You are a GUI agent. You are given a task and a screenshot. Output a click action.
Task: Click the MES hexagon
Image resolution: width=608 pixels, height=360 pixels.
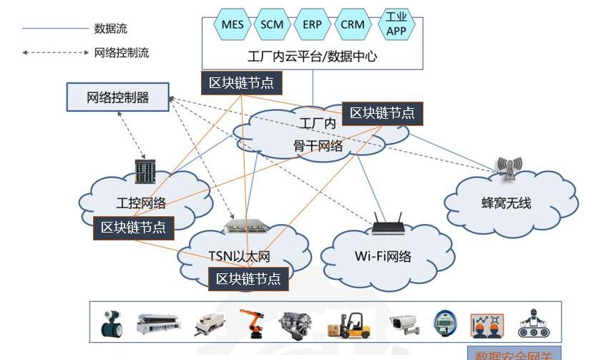coord(232,24)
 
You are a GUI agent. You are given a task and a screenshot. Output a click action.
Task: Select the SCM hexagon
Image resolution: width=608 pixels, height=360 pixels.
coord(273,24)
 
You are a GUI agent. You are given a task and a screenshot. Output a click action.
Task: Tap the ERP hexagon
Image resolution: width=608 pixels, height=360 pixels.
coord(313,24)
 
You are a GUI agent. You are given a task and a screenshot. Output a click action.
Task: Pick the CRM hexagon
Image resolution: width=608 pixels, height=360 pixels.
coord(353,24)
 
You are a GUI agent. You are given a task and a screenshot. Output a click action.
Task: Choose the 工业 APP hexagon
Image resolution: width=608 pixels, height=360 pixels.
coord(396,24)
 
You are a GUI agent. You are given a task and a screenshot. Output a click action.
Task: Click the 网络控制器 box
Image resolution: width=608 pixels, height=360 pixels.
coord(118,97)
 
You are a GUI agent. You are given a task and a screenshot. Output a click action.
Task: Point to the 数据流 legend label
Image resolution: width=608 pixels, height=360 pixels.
coord(111,29)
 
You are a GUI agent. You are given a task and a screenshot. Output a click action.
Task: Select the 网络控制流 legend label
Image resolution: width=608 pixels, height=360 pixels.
coord(122,53)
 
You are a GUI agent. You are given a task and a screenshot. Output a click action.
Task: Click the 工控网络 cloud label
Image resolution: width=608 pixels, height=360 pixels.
coord(141,203)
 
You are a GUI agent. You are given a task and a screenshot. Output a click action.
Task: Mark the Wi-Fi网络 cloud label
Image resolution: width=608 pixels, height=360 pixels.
coord(383,256)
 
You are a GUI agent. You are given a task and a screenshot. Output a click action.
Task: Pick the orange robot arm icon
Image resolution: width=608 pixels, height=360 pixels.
coord(250,323)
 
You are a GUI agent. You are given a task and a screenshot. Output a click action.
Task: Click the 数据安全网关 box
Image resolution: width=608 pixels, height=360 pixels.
coord(514,354)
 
